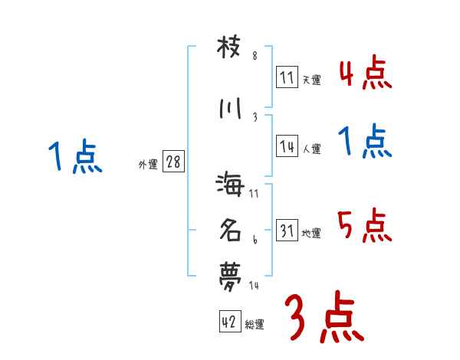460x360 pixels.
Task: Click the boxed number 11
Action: coord(287,77)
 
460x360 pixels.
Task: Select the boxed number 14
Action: coord(287,148)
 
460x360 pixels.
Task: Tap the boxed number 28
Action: coord(173,162)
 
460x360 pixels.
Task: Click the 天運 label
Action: coord(312,80)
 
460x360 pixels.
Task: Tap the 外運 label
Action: coord(148,164)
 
